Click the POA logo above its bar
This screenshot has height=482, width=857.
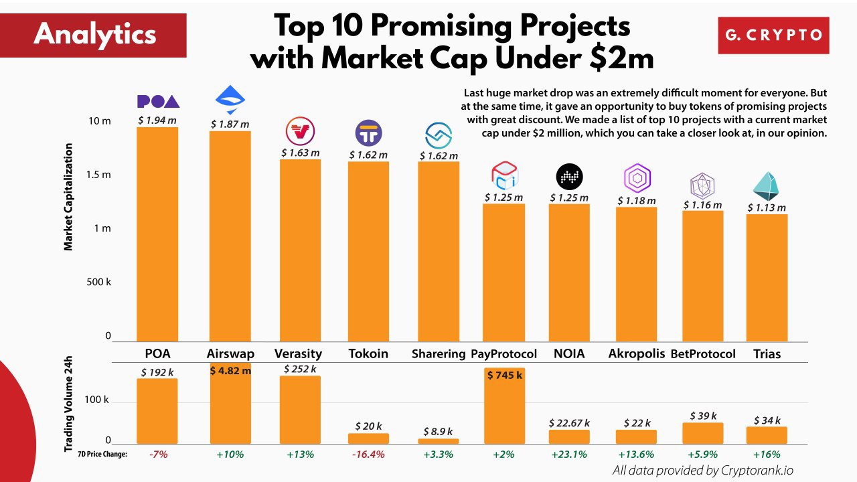point(158,101)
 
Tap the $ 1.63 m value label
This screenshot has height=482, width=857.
point(300,153)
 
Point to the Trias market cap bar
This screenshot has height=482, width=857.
point(767,278)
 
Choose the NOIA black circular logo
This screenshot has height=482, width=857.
point(569,177)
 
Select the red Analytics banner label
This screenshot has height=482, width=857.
point(94,34)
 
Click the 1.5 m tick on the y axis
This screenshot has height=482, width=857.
point(99,175)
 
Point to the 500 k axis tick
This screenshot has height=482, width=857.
point(99,282)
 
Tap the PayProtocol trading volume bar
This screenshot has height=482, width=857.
point(504,406)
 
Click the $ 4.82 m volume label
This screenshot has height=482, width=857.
point(230,370)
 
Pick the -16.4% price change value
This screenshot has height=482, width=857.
point(368,455)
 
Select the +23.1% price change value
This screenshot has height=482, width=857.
point(569,455)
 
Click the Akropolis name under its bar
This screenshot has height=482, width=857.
point(636,353)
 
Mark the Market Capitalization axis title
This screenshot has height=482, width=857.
point(68,197)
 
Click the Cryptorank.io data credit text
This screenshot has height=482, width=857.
point(703,471)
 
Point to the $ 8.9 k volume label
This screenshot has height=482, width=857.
point(439,432)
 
